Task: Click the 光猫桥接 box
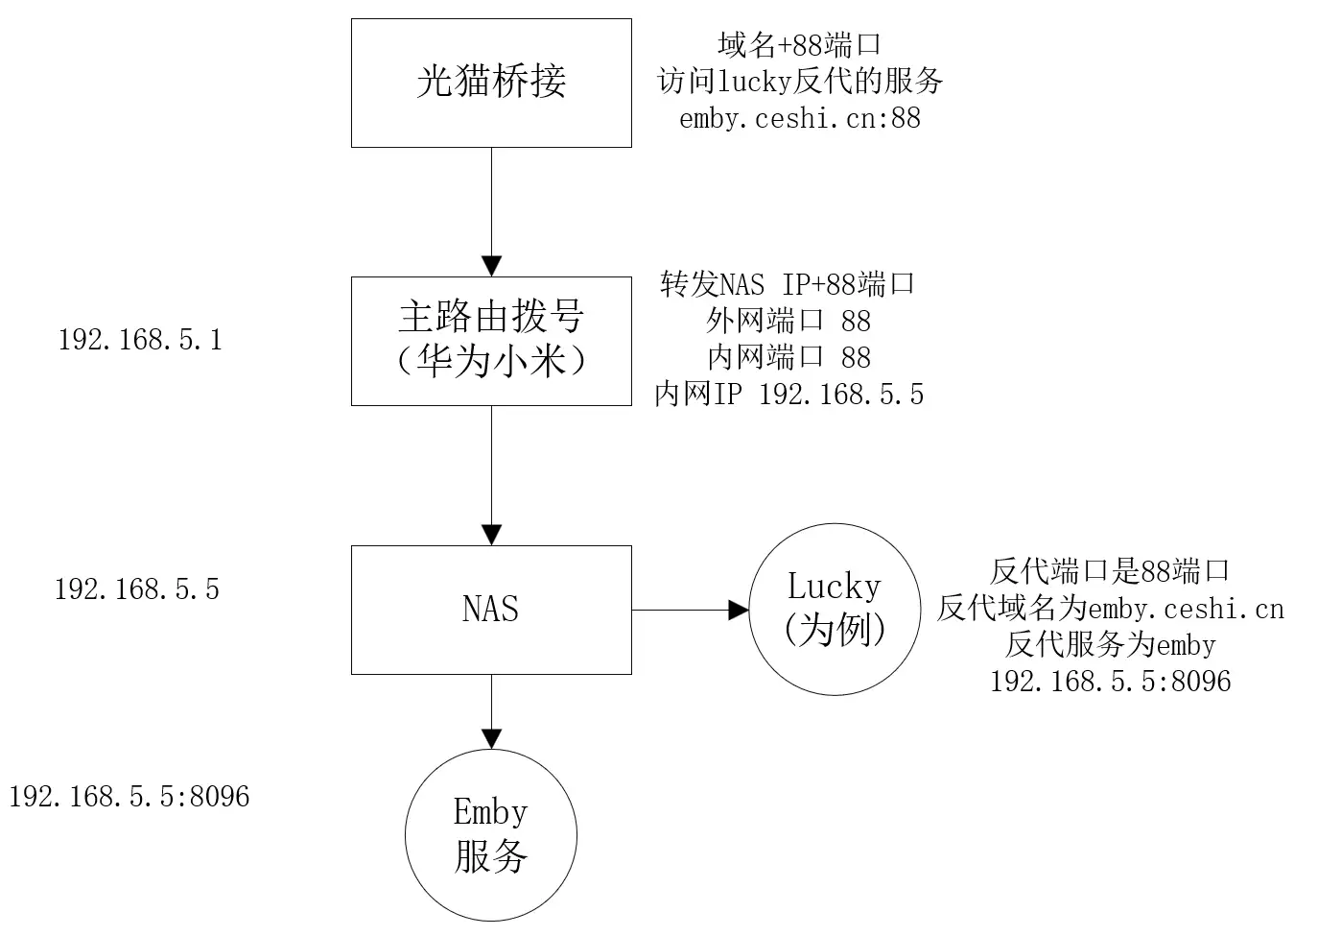pyautogui.click(x=491, y=83)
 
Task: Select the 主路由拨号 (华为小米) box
pyautogui.click(x=491, y=341)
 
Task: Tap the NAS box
pyautogui.click(x=491, y=610)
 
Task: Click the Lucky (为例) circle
pyautogui.click(x=834, y=610)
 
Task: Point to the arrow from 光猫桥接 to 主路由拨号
pyautogui.click(x=491, y=211)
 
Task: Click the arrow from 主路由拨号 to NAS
pyautogui.click(x=491, y=475)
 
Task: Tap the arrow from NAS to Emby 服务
pyautogui.click(x=491, y=711)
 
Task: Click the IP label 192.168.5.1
pyautogui.click(x=140, y=340)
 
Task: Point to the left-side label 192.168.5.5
pyautogui.click(x=137, y=588)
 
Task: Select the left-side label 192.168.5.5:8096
pyautogui.click(x=129, y=796)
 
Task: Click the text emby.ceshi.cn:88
pyautogui.click(x=799, y=118)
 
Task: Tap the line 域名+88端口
pyautogui.click(x=799, y=44)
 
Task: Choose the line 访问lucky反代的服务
pyautogui.click(x=799, y=81)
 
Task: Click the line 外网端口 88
pyautogui.click(x=788, y=321)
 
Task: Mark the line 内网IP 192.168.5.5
pyautogui.click(x=788, y=395)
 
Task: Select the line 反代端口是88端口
pyautogui.click(x=1110, y=571)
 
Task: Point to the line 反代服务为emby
pyautogui.click(x=1110, y=644)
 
